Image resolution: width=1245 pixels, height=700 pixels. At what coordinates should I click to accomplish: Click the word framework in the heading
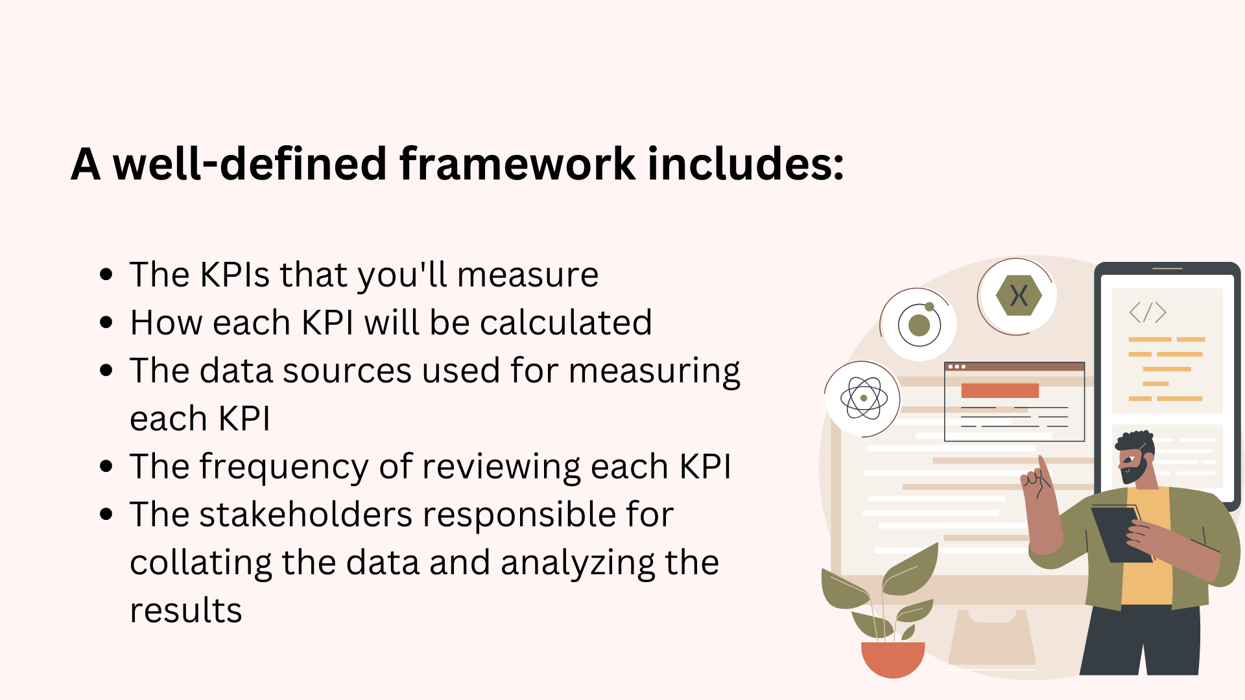(x=517, y=163)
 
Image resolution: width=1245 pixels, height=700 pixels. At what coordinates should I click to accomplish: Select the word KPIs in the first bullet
(x=235, y=274)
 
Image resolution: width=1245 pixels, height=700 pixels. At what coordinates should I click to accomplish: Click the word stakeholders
(x=305, y=515)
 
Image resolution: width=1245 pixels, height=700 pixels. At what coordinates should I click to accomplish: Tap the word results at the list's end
(x=186, y=611)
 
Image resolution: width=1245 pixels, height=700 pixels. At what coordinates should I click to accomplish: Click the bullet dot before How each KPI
(x=107, y=322)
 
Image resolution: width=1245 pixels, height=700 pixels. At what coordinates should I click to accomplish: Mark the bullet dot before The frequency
(x=107, y=466)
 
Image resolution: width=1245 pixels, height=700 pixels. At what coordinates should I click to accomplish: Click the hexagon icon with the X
(x=1019, y=296)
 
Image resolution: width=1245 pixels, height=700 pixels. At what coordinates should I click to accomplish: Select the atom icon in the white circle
(x=864, y=398)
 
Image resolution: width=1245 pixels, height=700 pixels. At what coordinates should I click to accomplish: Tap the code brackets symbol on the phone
(x=1147, y=312)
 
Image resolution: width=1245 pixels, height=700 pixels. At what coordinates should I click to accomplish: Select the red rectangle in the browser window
(x=1000, y=390)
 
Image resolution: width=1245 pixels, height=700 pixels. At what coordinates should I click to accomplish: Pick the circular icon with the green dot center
(x=919, y=324)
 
